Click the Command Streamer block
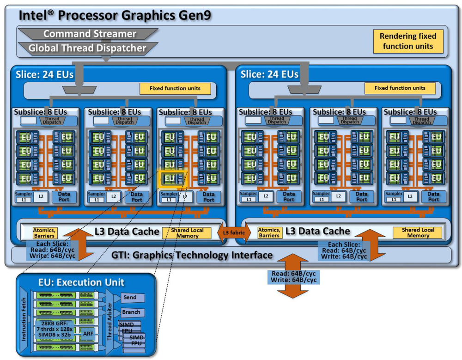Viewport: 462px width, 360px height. point(90,34)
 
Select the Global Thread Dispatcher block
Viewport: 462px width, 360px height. point(87,48)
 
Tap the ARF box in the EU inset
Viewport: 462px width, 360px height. point(88,332)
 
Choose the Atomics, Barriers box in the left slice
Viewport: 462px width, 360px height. point(44,232)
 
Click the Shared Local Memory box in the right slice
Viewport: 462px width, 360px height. point(418,232)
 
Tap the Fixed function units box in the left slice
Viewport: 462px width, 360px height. point(175,88)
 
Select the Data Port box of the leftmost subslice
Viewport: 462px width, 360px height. point(64,197)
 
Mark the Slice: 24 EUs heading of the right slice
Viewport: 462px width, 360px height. point(270,74)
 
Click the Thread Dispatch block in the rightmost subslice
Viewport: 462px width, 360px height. point(421,120)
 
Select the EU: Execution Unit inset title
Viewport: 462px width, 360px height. point(81,282)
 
